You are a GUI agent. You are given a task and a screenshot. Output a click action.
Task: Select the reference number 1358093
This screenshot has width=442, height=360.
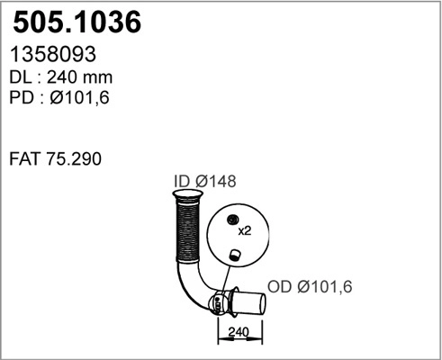click(x=53, y=56)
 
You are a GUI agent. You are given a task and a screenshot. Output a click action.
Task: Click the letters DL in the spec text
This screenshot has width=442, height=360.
click(x=20, y=77)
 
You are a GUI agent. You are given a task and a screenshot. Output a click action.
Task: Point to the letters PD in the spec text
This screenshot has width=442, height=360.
click(x=20, y=98)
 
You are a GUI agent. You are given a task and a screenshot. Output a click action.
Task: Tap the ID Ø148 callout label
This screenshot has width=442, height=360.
click(x=203, y=182)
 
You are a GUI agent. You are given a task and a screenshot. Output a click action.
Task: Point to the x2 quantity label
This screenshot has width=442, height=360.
click(x=244, y=230)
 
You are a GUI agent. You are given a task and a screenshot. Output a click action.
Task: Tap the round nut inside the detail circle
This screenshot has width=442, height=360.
click(x=231, y=220)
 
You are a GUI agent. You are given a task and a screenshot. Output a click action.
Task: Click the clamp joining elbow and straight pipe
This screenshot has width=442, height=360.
click(x=219, y=303)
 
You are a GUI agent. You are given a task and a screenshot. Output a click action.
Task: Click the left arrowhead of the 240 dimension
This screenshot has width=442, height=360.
click(x=221, y=339)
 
